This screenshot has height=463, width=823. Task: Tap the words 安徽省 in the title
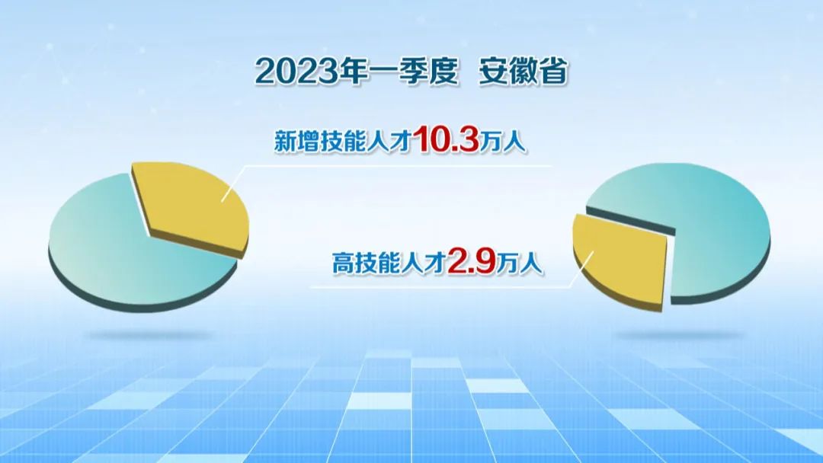pos(524,72)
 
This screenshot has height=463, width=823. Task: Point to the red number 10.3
pos(446,139)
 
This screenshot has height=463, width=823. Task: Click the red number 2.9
pos(472,262)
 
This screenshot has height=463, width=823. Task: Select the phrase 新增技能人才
pos(342,142)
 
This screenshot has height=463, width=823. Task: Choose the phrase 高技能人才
pos(389,263)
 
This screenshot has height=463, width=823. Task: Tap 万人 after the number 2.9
pos(520,263)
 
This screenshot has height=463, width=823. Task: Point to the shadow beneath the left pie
pos(149,334)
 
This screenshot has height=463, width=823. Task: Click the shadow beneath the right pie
pos(680,334)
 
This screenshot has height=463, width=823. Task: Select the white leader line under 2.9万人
pos(451,287)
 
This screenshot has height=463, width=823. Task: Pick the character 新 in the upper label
pos(285,142)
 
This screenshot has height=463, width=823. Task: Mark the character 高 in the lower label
pos(343,263)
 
